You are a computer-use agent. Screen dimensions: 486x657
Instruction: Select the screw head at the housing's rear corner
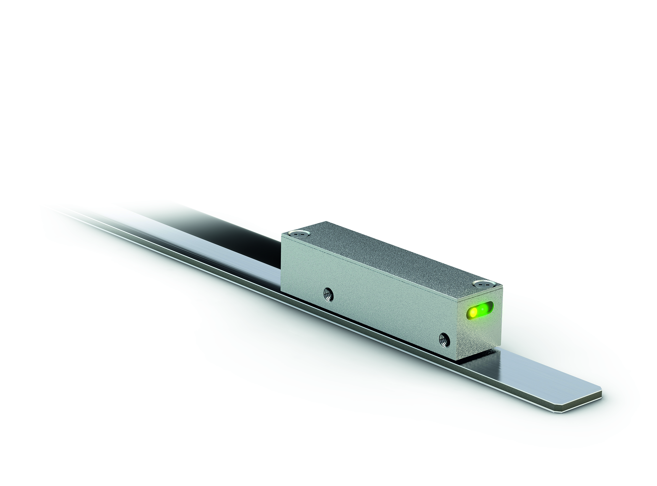coord(299,233)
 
